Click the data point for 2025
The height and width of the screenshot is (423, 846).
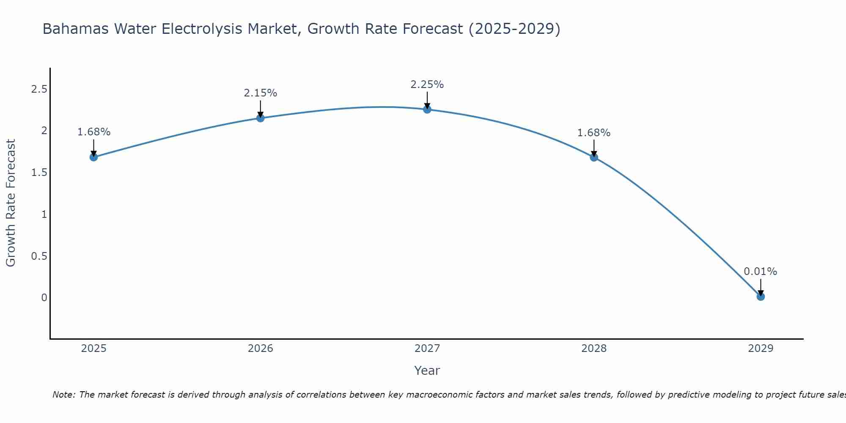pos(94,157)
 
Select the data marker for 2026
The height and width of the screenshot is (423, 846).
pos(261,118)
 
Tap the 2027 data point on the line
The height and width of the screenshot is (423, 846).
pos(427,110)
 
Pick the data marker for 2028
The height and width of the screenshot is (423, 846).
pos(594,157)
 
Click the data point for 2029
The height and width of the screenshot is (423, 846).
pos(761,297)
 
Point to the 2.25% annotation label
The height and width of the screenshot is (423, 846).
pos(427,85)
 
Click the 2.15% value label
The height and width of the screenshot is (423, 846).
pos(261,93)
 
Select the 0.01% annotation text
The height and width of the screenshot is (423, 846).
pos(761,272)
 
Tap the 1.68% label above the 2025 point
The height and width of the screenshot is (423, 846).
pos(94,132)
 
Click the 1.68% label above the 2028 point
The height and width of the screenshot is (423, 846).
pos(594,133)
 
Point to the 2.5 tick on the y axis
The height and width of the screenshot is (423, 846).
pos(39,89)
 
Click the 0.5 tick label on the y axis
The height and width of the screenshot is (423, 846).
pos(39,256)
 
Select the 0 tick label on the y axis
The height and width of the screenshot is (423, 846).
pos(44,298)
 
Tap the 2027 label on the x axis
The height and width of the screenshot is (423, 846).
pos(427,349)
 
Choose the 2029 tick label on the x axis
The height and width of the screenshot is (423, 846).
pos(761,349)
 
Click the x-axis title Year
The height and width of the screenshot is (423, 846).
pos(427,371)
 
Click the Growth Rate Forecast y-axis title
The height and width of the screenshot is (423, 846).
pos(11,203)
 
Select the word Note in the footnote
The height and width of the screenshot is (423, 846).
pos(63,395)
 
